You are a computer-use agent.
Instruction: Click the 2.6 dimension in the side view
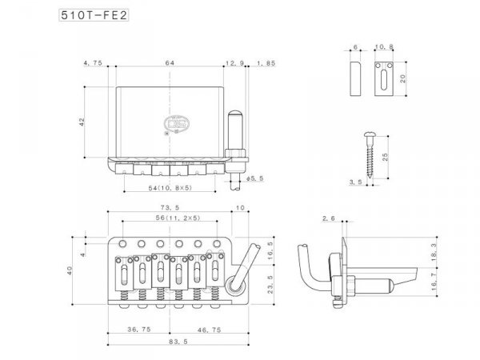(x=327, y=218)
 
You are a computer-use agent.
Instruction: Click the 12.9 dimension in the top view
(x=234, y=62)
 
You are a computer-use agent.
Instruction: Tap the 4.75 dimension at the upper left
(x=93, y=62)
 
